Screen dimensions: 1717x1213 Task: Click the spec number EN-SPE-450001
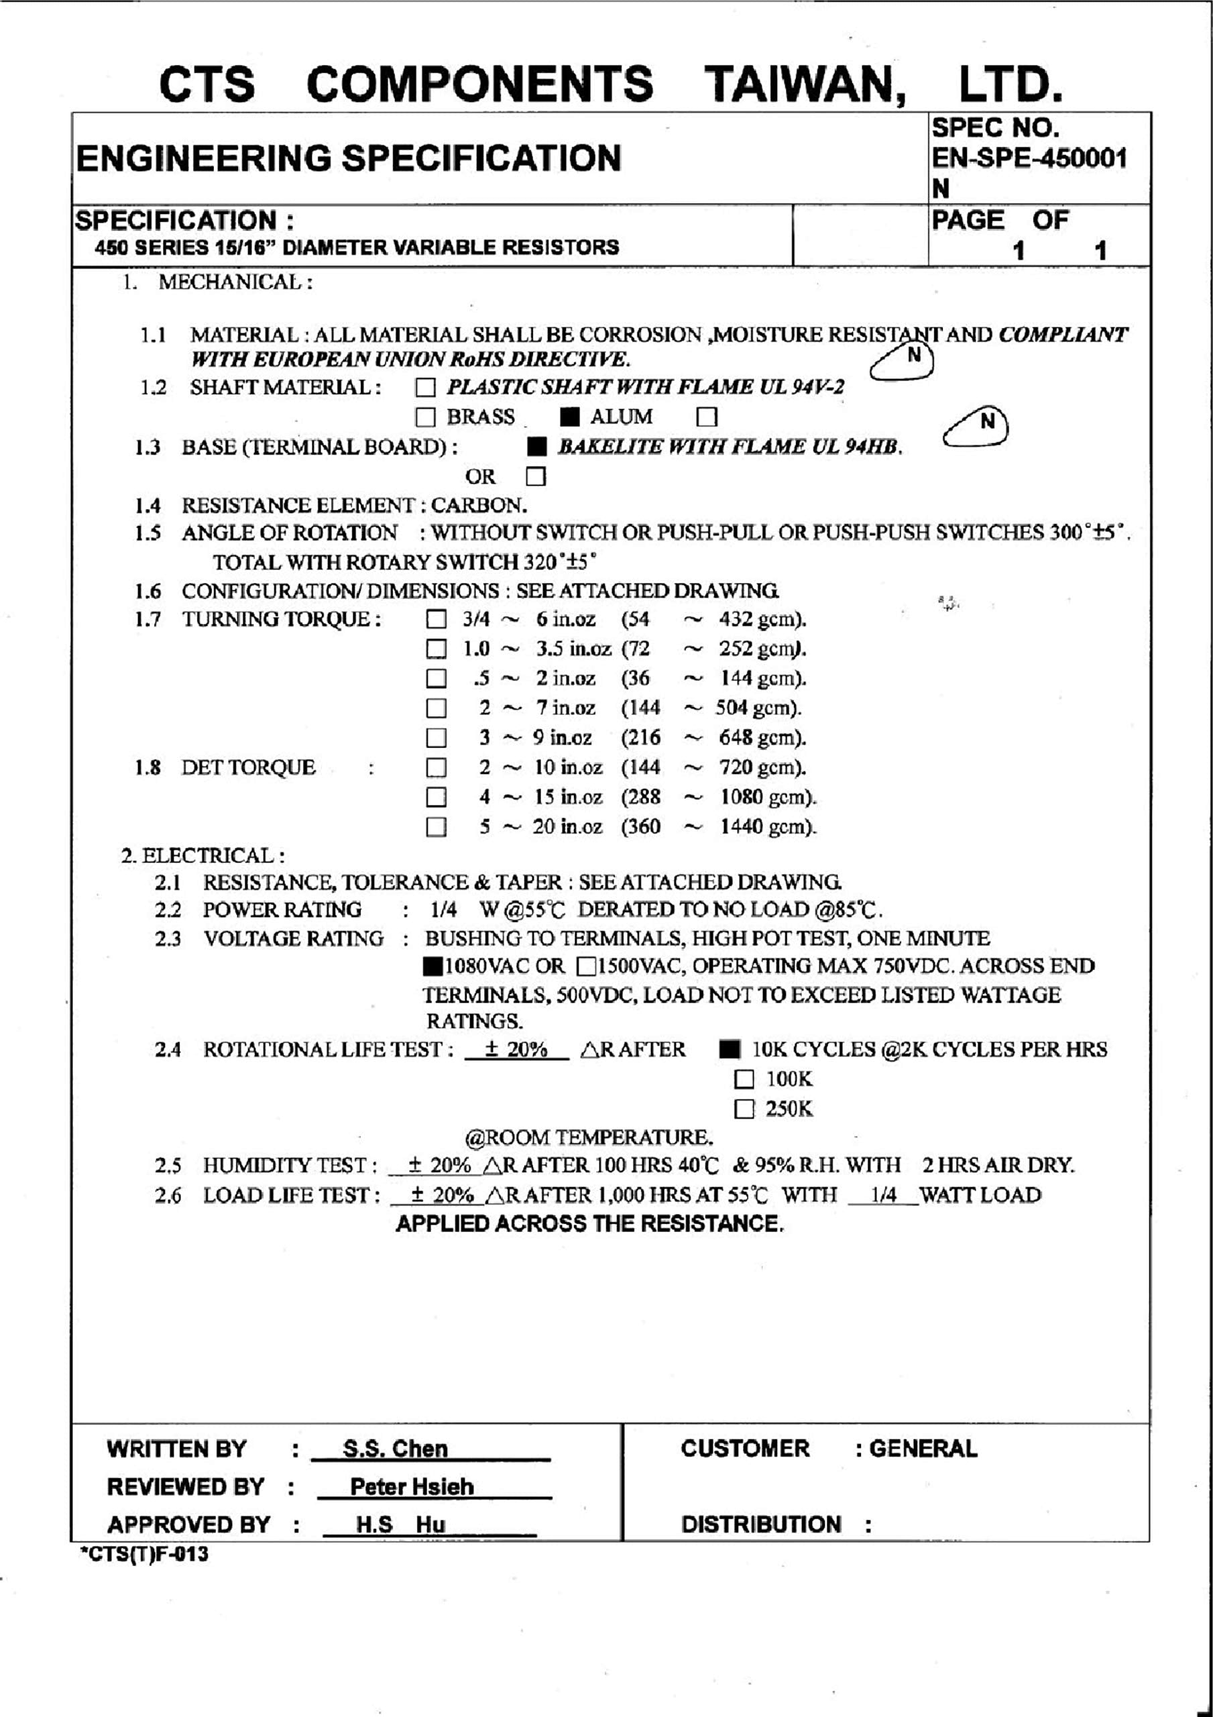(1029, 158)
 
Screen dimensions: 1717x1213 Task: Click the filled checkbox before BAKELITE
(536, 447)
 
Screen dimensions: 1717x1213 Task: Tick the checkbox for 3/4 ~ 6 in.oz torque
(436, 620)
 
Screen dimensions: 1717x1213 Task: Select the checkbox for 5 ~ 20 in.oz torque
(436, 827)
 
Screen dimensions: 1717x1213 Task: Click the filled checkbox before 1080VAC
(432, 966)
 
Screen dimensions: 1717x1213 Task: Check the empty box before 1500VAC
(586, 966)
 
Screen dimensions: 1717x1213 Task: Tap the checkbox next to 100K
(744, 1079)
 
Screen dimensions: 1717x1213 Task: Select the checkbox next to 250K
(744, 1109)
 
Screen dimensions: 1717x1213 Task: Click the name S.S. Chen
(395, 1449)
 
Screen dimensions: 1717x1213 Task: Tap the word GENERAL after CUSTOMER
(923, 1449)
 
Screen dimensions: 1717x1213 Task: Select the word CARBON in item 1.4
(479, 506)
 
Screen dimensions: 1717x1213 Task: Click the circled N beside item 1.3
(987, 422)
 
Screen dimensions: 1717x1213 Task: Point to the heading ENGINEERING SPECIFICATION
(349, 158)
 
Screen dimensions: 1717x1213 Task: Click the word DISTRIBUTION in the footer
(760, 1524)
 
